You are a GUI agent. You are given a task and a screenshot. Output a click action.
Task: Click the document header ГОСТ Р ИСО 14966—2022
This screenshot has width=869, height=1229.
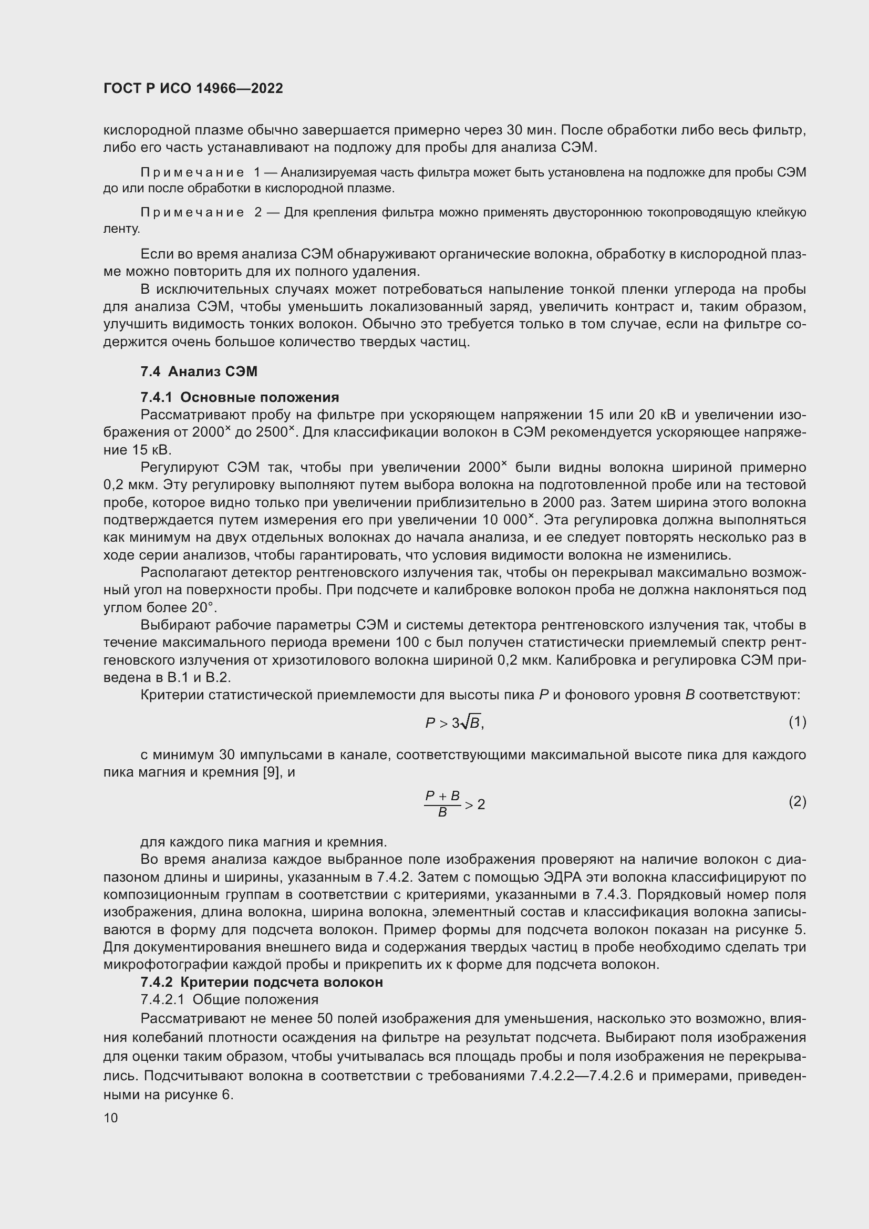(x=193, y=89)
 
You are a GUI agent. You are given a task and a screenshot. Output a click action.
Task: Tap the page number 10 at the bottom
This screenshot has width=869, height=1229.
(x=111, y=1118)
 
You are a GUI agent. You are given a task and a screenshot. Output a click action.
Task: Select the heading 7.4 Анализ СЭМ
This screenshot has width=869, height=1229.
(x=199, y=371)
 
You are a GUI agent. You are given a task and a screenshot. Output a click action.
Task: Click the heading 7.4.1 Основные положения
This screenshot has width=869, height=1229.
(x=240, y=397)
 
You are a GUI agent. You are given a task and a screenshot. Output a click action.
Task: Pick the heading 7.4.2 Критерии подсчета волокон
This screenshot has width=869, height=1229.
(x=262, y=982)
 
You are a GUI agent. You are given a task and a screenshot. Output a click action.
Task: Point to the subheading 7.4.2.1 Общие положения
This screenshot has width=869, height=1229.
(x=229, y=1000)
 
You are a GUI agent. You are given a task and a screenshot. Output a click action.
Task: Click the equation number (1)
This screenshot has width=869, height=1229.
(x=797, y=722)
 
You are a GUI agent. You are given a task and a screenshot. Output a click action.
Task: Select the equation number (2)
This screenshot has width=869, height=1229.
(x=797, y=801)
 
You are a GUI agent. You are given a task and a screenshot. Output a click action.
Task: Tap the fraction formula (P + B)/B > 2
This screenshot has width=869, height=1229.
(x=454, y=804)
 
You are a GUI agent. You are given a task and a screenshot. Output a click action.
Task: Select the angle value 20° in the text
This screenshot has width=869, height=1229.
(x=203, y=608)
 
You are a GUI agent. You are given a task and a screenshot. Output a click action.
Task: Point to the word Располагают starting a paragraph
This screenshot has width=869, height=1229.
(x=183, y=573)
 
